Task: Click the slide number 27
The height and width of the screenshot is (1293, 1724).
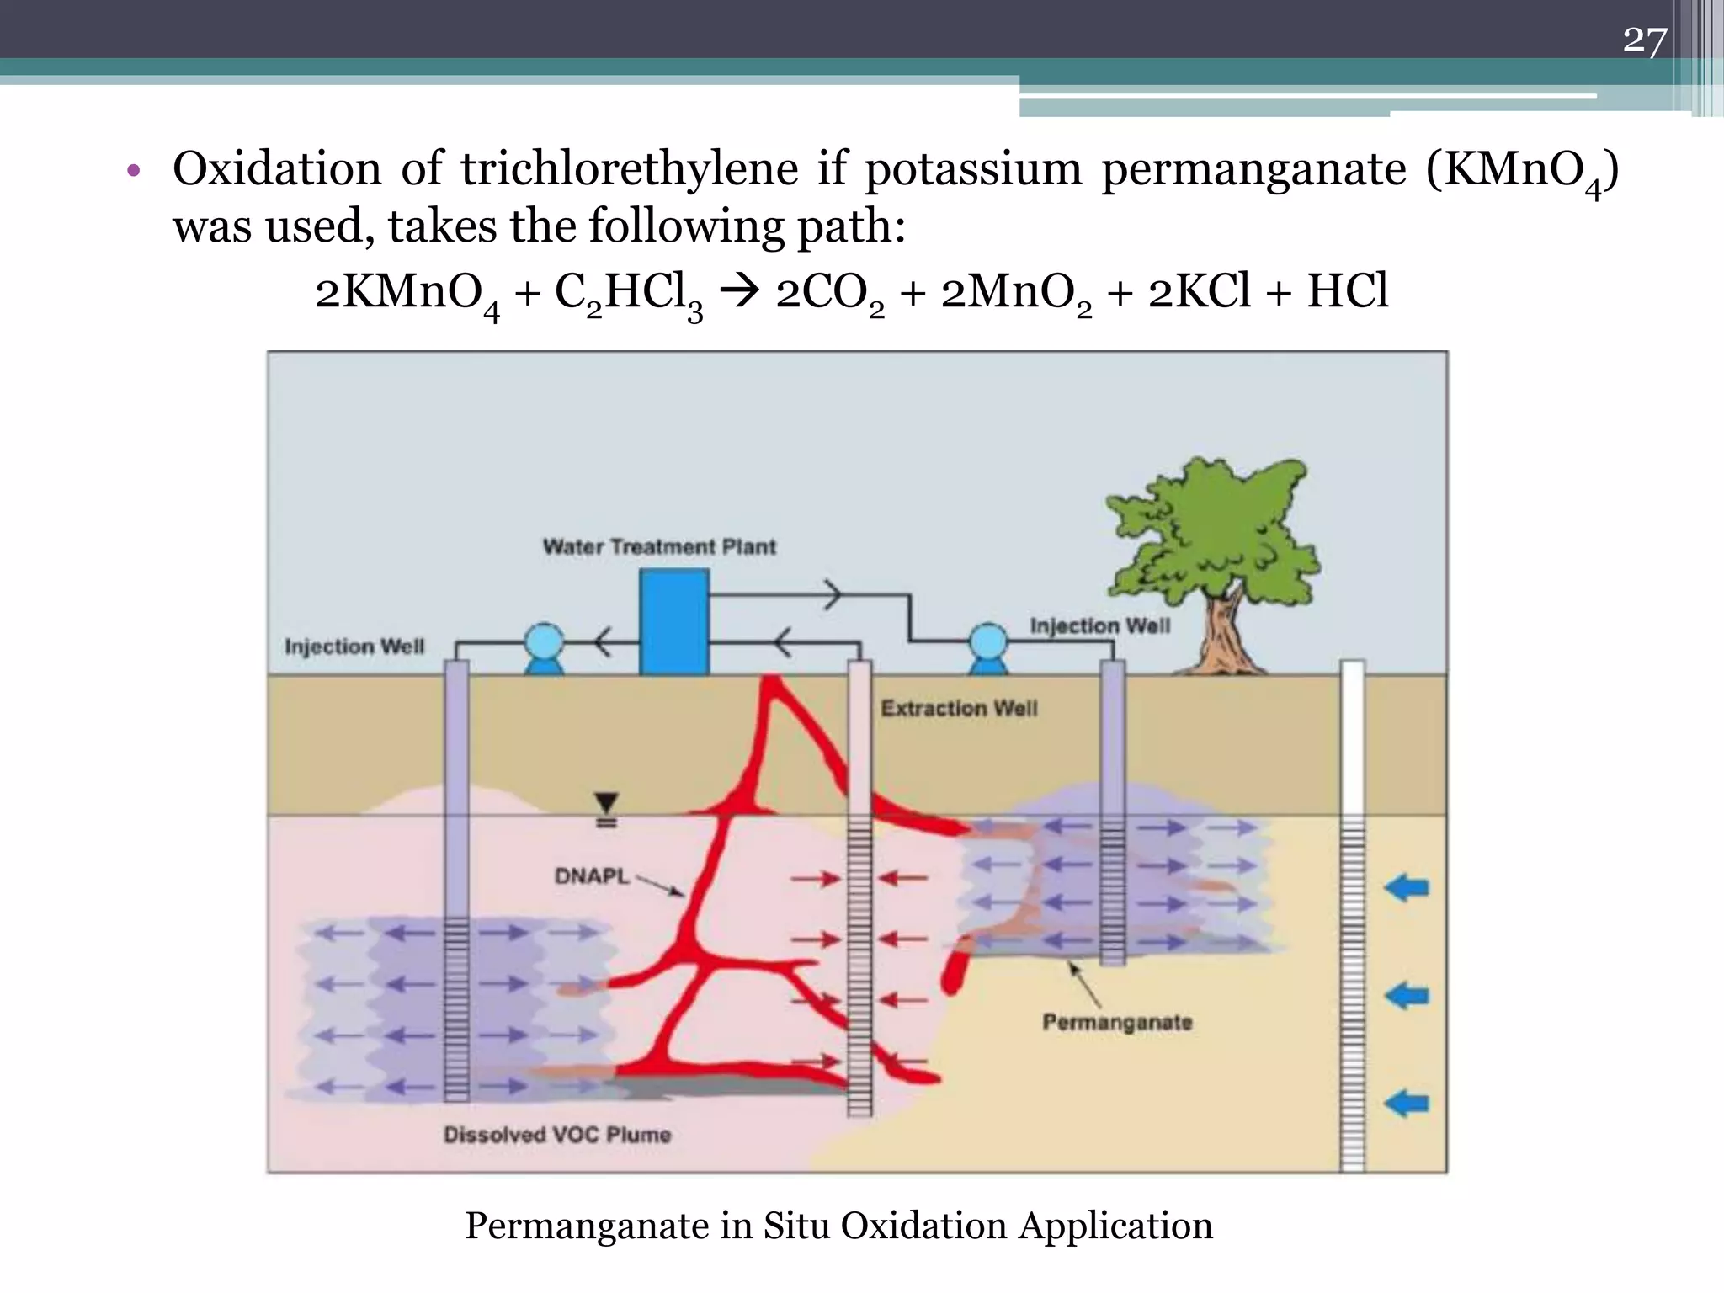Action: pos(1644,40)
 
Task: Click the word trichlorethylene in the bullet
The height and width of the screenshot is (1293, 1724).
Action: pos(629,168)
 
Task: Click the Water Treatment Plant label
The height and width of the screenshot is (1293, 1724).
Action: pos(659,547)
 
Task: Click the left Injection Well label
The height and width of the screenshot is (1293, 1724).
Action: pos(354,646)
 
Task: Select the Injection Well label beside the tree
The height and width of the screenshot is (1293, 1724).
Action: pos(1099,626)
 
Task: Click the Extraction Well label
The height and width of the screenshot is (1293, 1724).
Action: pos(959,708)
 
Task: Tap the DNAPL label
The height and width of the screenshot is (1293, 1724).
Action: pos(592,876)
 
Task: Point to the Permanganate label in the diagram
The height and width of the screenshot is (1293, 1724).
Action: pos(1117,1022)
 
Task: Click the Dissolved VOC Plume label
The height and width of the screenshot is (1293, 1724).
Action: pos(557,1135)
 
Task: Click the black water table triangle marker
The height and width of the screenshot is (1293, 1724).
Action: pos(606,803)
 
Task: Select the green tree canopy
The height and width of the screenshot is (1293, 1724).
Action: pos(1212,530)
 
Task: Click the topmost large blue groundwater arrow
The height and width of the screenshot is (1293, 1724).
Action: pos(1407,887)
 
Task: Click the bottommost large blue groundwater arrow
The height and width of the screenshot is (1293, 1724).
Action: pos(1407,1103)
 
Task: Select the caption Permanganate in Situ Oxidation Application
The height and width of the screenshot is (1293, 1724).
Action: pos(838,1226)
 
